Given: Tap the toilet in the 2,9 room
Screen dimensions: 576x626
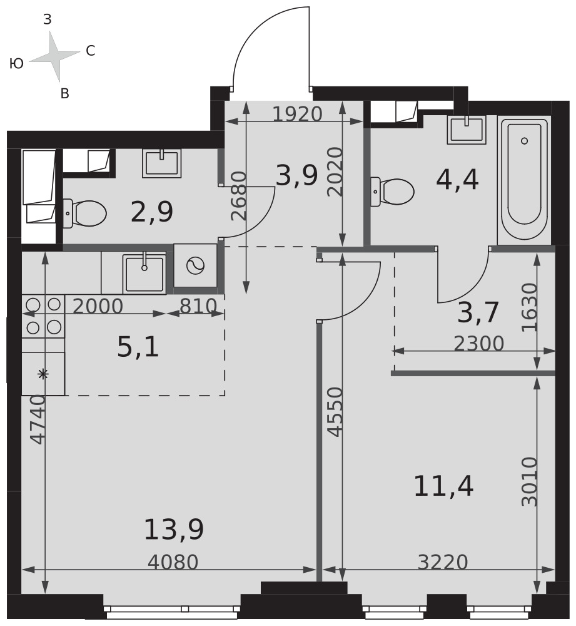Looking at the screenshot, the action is coord(84,213).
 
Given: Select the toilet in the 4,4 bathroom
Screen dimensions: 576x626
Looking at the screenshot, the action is coord(392,192).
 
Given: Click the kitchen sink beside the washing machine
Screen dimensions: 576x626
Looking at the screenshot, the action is coord(144,273).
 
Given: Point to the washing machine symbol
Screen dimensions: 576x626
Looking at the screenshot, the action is coord(196,265).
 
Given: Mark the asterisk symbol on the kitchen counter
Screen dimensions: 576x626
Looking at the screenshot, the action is coord(43,374).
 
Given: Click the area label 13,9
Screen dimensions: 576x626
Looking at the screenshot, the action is coord(173,530).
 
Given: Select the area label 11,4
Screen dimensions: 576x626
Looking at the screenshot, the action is coord(443,486).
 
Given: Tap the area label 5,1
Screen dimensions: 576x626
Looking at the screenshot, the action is coord(138,347).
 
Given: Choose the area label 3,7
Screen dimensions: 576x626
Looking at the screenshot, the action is coord(478,312).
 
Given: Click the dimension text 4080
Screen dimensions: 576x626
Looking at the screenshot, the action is coord(173,563).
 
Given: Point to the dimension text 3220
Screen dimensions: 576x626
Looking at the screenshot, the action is coord(442,563).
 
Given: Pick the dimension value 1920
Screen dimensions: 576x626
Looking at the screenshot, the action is coord(297,114).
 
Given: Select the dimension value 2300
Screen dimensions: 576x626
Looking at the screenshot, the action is coord(479,343).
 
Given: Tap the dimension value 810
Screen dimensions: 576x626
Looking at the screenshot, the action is coord(198,306).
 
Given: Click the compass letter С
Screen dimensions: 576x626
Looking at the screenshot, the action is coord(91,51).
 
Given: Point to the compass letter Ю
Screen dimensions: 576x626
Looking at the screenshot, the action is coord(16,63).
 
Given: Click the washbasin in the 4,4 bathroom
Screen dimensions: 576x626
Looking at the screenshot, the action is coord(467,129).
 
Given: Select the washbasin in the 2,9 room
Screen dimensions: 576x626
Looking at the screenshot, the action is coord(162,163).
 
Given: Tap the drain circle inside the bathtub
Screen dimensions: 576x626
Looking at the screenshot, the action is coord(525,140).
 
